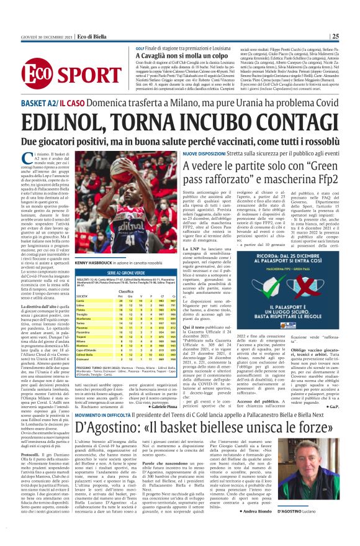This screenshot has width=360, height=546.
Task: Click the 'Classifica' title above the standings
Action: (126, 291)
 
